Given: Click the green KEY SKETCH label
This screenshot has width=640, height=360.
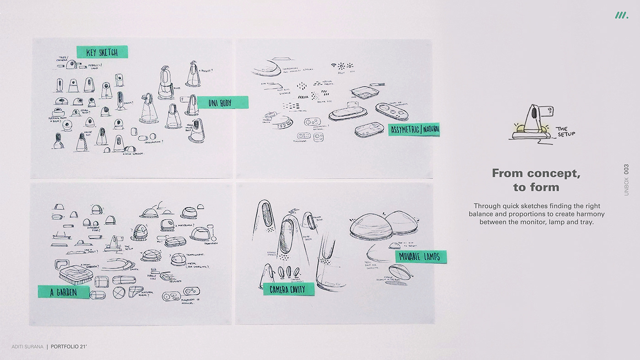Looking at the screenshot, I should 102,52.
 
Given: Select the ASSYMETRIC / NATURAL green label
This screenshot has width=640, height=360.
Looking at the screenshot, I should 414,130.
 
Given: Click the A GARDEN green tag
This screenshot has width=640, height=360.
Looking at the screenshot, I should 64,292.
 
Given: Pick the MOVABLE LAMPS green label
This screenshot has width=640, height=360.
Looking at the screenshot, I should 421,257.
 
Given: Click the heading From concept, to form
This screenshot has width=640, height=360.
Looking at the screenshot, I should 536,180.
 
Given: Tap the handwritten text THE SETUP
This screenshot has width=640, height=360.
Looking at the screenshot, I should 566,132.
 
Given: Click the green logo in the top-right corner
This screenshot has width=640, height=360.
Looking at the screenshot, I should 621,16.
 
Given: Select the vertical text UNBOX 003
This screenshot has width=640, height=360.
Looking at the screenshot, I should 626,180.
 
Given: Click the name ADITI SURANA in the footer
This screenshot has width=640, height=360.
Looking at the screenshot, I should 27,347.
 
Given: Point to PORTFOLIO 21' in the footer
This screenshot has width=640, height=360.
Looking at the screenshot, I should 69,347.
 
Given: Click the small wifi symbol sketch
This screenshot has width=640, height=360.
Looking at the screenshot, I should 333,65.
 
